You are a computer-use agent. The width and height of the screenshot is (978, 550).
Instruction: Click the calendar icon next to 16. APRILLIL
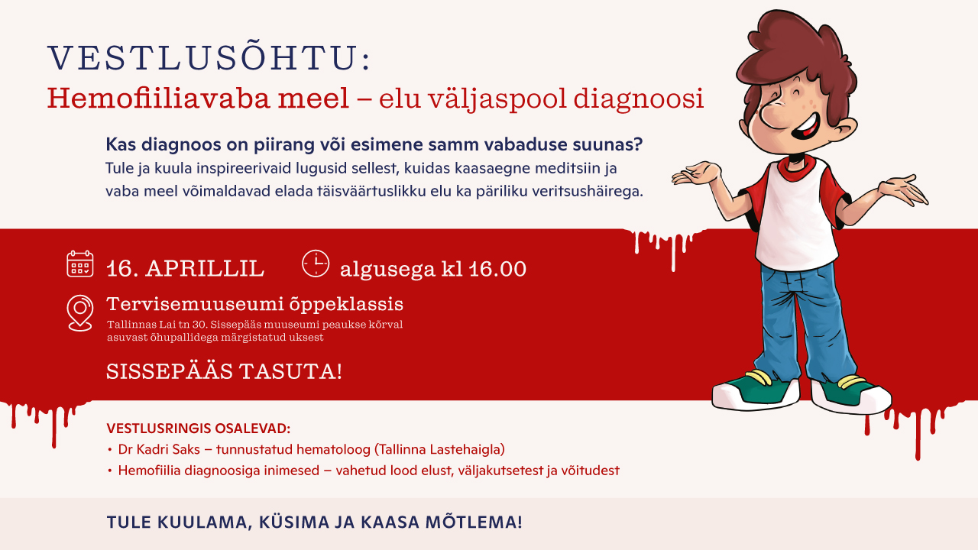79,264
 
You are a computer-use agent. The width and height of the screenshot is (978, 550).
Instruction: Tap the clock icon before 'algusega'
316,263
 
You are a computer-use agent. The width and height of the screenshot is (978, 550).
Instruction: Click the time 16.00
497,269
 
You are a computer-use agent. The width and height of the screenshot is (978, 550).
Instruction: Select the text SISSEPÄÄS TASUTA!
224,372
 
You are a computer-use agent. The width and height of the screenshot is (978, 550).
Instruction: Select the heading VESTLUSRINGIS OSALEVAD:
198,428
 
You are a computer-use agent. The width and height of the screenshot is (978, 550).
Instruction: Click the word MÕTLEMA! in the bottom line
478,522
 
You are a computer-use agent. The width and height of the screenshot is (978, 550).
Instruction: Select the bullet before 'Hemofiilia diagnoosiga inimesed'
110,471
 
